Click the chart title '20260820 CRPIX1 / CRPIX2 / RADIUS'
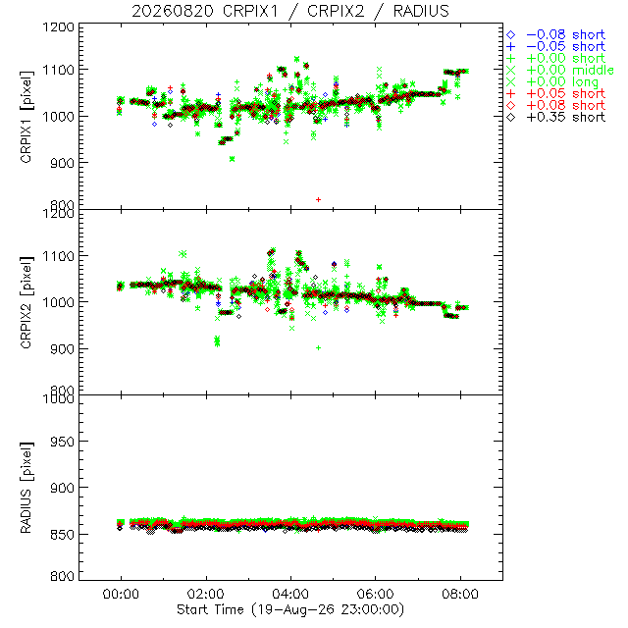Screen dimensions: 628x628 pos(290,11)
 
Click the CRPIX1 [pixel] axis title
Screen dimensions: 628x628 pos(26,117)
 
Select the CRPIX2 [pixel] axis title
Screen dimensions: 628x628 pos(26,302)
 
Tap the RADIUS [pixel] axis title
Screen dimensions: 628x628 pos(26,488)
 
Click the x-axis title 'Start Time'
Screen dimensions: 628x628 pos(210,609)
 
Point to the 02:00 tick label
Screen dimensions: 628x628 pos(206,594)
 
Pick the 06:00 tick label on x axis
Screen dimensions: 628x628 pos(375,594)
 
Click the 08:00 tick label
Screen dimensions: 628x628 pos(460,594)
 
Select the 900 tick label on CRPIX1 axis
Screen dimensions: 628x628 pos(62,163)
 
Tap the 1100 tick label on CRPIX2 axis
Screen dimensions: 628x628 pos(59,256)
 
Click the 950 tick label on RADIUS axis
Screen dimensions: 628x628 pos(62,442)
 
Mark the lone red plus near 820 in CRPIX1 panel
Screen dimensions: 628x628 pos(318,199)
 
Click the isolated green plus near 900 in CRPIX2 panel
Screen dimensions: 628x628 pos(318,348)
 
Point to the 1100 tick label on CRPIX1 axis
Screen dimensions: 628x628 pos(59,70)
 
